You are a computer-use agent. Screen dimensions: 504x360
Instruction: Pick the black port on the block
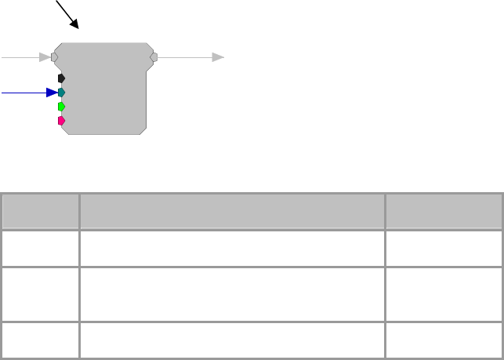click(x=61, y=78)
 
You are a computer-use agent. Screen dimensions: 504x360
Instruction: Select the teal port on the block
click(x=61, y=93)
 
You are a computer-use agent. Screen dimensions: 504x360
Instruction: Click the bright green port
click(x=61, y=107)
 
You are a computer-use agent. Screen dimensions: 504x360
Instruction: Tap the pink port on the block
click(x=61, y=121)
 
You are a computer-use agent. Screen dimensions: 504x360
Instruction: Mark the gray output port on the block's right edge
click(x=154, y=56)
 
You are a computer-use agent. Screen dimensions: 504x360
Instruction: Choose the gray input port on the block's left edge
click(x=54, y=56)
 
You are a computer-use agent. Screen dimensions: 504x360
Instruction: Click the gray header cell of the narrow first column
click(x=40, y=210)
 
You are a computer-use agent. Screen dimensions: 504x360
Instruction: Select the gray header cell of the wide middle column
click(x=232, y=210)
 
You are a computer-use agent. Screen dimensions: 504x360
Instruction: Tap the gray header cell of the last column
click(x=444, y=210)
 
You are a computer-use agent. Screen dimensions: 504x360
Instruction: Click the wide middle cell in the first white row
click(x=232, y=247)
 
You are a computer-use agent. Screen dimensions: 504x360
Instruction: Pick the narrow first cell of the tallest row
click(x=40, y=293)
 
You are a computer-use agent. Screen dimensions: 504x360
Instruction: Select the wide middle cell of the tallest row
click(x=232, y=293)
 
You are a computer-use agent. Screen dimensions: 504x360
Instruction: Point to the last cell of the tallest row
click(x=444, y=293)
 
